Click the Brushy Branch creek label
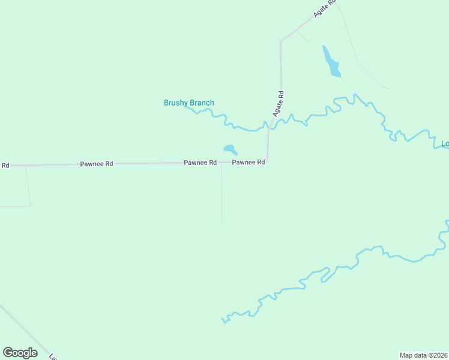click(188, 103)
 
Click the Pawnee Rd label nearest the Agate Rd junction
click(249, 163)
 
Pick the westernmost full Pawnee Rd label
click(97, 163)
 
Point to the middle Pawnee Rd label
click(200, 163)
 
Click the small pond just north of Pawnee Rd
click(230, 149)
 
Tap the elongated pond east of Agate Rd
click(331, 62)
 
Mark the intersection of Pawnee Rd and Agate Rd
click(267, 162)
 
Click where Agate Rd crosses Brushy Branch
click(270, 124)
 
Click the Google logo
click(20, 353)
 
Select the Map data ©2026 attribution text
click(423, 355)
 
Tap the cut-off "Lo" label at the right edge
click(445, 143)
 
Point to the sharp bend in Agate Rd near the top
click(281, 41)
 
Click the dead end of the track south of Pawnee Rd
click(222, 221)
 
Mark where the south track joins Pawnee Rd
click(221, 163)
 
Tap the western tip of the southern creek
click(223, 319)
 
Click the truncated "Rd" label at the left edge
click(5, 165)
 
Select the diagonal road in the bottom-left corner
click(24, 330)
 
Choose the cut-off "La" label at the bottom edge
click(53, 357)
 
